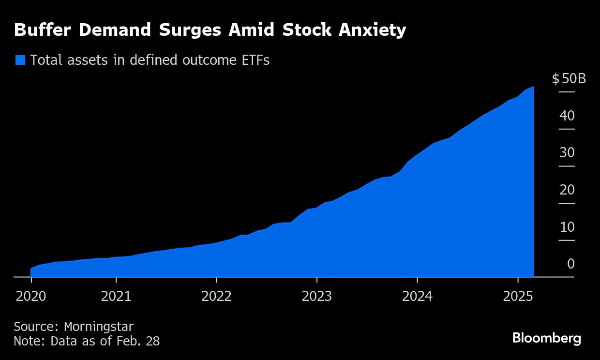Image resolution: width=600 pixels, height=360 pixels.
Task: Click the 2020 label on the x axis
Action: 30,296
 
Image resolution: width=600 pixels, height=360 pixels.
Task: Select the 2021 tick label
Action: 116,296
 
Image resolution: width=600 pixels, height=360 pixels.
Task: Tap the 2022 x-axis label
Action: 216,296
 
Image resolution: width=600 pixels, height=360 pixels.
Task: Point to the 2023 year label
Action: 316,296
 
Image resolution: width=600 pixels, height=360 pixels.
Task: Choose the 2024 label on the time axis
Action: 417,296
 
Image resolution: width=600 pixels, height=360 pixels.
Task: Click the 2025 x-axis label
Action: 518,296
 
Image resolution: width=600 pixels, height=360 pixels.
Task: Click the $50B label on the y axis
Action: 569,79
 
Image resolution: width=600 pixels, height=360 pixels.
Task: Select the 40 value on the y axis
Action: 567,116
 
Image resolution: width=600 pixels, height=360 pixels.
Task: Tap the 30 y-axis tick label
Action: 567,153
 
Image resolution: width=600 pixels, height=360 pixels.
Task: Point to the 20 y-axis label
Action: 567,190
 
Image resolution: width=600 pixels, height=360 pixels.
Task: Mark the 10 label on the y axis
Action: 567,227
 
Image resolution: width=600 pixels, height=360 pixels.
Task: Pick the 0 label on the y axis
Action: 570,264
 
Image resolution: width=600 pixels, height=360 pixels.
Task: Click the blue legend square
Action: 20,60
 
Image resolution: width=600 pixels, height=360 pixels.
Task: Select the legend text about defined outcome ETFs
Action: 150,60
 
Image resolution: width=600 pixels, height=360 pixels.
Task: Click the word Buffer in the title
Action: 43,30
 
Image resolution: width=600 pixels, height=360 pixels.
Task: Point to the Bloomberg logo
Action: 547,338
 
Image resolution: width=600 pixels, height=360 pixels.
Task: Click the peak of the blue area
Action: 533,87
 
